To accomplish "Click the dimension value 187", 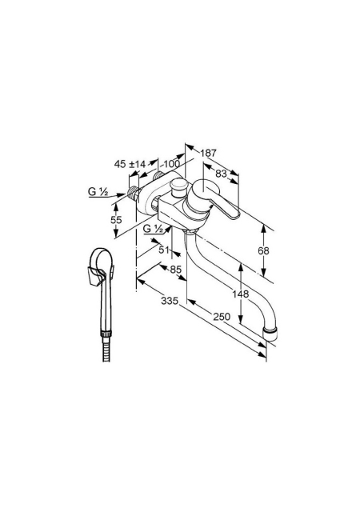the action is pyautogui.click(x=208, y=153).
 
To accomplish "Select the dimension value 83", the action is pyautogui.click(x=221, y=174).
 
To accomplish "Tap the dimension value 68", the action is pyautogui.click(x=263, y=250).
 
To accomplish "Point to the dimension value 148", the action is pyautogui.click(x=241, y=294).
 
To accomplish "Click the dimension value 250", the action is pyautogui.click(x=222, y=317).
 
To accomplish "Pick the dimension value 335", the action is pyautogui.click(x=170, y=301).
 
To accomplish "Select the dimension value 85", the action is pyautogui.click(x=175, y=270).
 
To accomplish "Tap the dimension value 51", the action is pyautogui.click(x=164, y=250).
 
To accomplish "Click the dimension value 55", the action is pyautogui.click(x=116, y=220).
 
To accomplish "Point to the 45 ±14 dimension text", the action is pyautogui.click(x=130, y=164).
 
